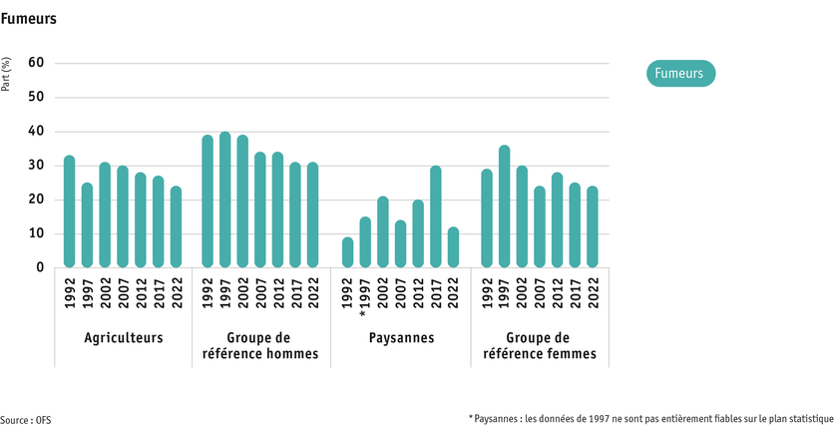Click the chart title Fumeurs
29,19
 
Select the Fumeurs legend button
680,73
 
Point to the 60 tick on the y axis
37,63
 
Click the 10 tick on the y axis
37,234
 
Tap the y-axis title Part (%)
7,76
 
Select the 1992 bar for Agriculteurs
69,212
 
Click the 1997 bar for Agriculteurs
87,225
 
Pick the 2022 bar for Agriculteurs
177,227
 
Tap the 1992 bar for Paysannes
347,252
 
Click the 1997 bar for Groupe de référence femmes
505,207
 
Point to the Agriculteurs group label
123,337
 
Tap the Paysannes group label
400,337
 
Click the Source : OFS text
26,420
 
